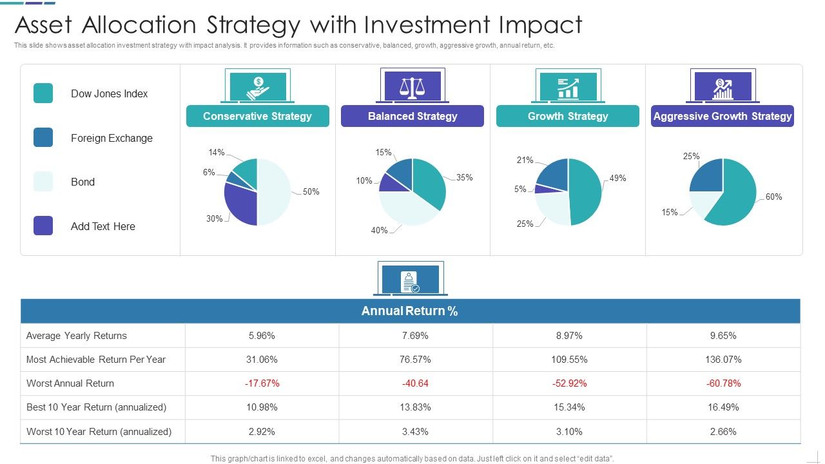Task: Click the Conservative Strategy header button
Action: pos(257,116)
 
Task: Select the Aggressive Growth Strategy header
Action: pos(722,116)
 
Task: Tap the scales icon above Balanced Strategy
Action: pos(412,86)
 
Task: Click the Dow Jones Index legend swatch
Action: pos(43,93)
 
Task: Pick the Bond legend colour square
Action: pos(43,182)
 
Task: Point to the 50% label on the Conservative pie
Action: pos(311,191)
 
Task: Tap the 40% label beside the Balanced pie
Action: pos(380,230)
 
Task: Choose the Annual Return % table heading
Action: pos(410,311)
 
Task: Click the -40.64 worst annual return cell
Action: pos(415,383)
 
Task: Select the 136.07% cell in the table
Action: pos(723,360)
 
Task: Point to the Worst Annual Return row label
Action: pos(70,383)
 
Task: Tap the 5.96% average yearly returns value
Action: pos(262,336)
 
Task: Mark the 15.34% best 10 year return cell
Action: pos(568,407)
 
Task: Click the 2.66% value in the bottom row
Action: pos(723,432)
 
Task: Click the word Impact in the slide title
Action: pos(540,25)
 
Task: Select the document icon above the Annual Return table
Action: pos(409,280)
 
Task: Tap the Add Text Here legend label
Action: pos(103,226)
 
